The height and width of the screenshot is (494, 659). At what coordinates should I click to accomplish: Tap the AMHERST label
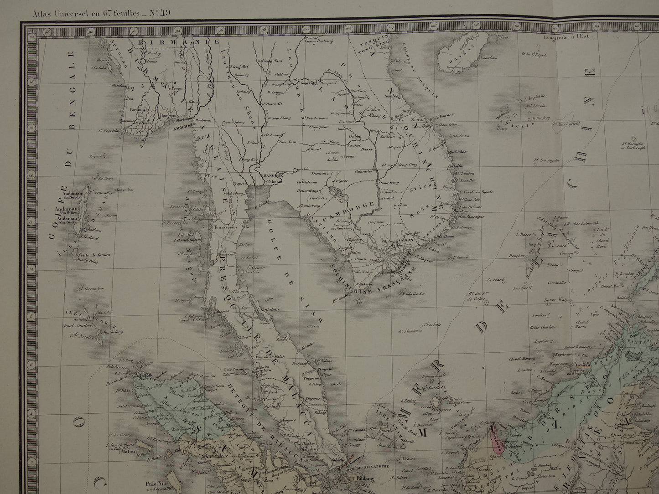pyautogui.click(x=181, y=128)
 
